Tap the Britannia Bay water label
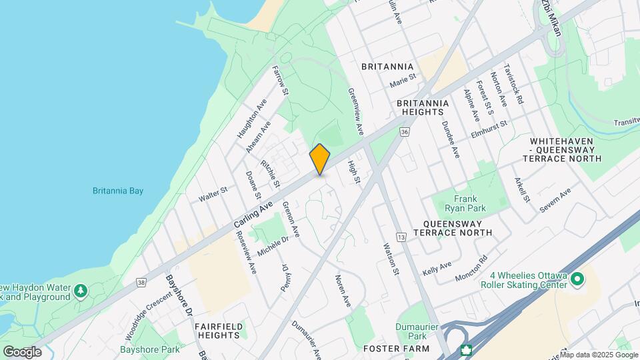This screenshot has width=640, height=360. (118, 191)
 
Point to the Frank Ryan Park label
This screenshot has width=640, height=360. (465, 204)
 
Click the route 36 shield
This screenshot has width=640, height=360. (405, 133)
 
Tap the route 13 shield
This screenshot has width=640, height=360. (401, 237)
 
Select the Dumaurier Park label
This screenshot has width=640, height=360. (420, 331)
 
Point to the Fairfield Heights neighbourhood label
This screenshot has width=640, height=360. (217, 331)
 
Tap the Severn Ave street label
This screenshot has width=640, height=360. (555, 200)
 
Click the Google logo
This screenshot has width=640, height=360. (22, 352)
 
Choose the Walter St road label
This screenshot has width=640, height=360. (213, 195)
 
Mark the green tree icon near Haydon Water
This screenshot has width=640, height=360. (81, 291)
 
